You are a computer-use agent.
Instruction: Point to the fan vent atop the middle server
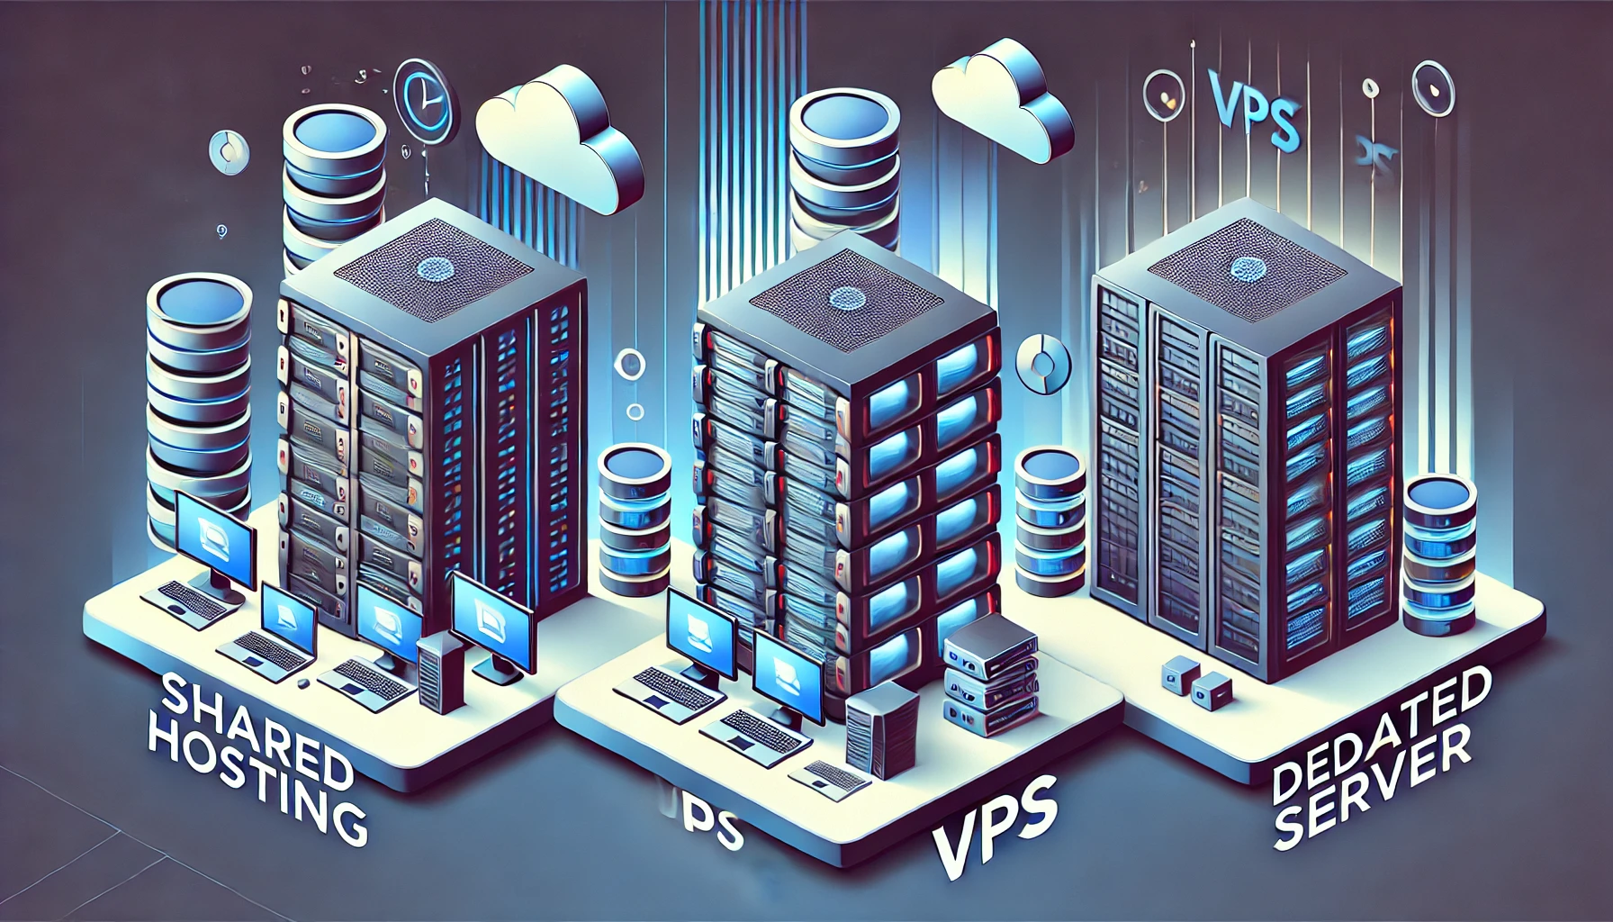pyautogui.click(x=846, y=298)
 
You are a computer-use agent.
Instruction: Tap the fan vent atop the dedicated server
pyautogui.click(x=1248, y=268)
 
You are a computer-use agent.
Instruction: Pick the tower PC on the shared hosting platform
pyautogui.click(x=439, y=671)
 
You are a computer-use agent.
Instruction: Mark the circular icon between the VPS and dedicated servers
pyautogui.click(x=1041, y=366)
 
